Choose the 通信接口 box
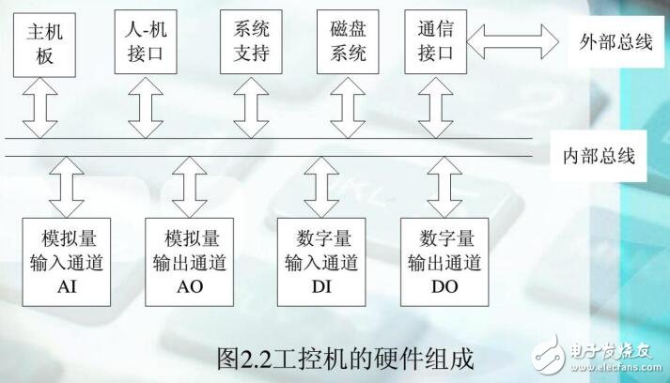pos(433,43)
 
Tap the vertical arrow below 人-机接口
pos(143,108)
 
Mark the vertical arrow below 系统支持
pos(248,108)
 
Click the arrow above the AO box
pos(189,184)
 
